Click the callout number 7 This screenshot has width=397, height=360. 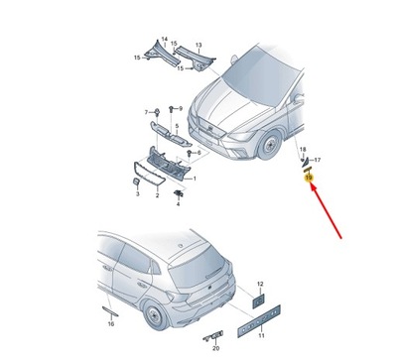point(147,111)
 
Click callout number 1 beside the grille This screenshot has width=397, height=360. point(194,180)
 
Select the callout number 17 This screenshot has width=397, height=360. point(318,160)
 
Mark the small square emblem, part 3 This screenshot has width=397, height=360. point(137,182)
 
